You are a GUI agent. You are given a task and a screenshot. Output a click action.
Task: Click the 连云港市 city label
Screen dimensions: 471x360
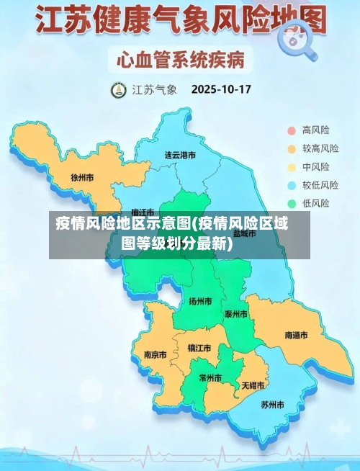[180, 155]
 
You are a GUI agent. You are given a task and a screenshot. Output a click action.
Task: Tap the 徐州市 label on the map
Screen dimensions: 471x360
[82, 176]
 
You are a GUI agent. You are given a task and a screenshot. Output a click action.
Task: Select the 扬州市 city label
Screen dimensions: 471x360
[200, 301]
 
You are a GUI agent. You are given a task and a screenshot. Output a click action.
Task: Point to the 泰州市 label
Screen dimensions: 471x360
[236, 314]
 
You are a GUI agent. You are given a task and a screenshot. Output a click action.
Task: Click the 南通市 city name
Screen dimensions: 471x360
[296, 336]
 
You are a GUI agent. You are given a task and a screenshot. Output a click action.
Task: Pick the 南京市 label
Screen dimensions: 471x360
[155, 354]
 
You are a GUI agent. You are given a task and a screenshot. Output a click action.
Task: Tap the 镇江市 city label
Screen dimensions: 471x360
[199, 348]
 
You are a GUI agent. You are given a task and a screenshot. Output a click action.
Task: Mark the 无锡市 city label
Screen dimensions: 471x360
[253, 385]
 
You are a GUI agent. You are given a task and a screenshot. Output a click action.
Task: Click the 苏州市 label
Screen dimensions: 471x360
[272, 404]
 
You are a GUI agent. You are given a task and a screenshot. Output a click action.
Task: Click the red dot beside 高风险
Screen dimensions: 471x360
[292, 130]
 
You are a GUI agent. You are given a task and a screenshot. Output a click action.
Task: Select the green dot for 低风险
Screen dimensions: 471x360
[292, 203]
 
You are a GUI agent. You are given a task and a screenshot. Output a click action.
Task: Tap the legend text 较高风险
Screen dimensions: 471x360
[320, 149]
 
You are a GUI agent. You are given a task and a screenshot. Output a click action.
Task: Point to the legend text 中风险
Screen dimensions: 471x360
[316, 167]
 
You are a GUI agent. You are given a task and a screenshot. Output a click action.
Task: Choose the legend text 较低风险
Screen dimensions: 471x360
[320, 185]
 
